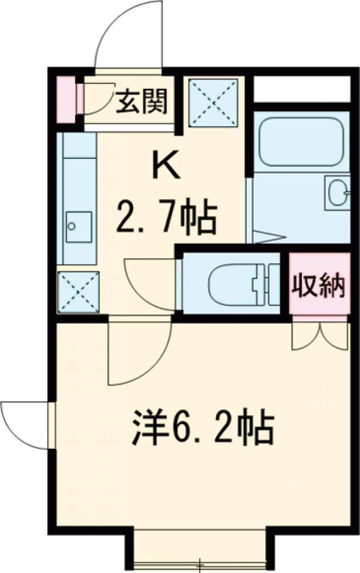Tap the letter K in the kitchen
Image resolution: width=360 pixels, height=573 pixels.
pyautogui.click(x=168, y=167)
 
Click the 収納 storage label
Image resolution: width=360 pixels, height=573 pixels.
pyautogui.click(x=319, y=286)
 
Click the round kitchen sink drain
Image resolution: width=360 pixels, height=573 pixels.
pyautogui.click(x=73, y=226)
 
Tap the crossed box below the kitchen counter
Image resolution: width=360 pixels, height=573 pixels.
pyautogui.click(x=76, y=291)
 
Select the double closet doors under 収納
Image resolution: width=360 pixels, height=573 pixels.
pyautogui.click(x=319, y=335)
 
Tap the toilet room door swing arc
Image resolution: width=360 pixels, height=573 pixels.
pyautogui.click(x=147, y=282)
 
